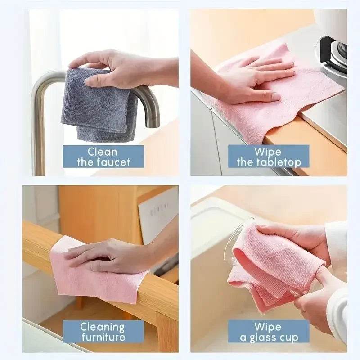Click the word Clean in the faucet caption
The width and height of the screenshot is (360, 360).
click(102, 152)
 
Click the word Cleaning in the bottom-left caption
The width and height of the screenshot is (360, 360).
click(102, 327)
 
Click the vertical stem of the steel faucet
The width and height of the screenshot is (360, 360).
click(39, 135)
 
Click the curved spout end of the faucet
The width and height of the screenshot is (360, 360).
click(153, 117)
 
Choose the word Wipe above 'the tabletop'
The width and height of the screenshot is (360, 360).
click(268, 152)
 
